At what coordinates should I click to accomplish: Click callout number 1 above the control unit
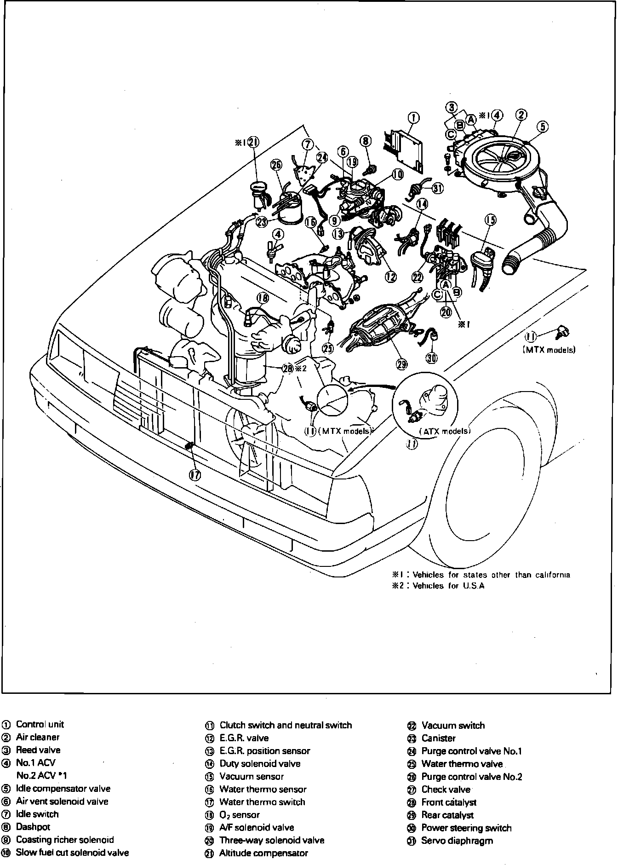[x=413, y=118]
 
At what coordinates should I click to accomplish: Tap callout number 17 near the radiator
[x=195, y=475]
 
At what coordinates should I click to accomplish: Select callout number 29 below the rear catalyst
[x=401, y=364]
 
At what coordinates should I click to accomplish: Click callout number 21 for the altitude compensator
[x=253, y=142]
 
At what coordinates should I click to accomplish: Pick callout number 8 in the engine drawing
[x=366, y=140]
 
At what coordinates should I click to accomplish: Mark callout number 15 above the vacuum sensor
[x=491, y=220]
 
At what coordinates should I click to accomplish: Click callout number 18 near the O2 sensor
[x=262, y=298]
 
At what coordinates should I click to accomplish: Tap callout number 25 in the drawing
[x=327, y=348]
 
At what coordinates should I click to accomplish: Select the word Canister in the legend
[x=438, y=738]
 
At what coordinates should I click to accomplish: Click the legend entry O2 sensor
[x=239, y=814]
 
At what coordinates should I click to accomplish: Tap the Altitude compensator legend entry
[x=263, y=853]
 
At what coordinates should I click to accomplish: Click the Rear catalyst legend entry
[x=447, y=815]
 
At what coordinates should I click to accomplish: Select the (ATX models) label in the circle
[x=445, y=431]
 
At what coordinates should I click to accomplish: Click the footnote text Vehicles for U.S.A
[x=448, y=586]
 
